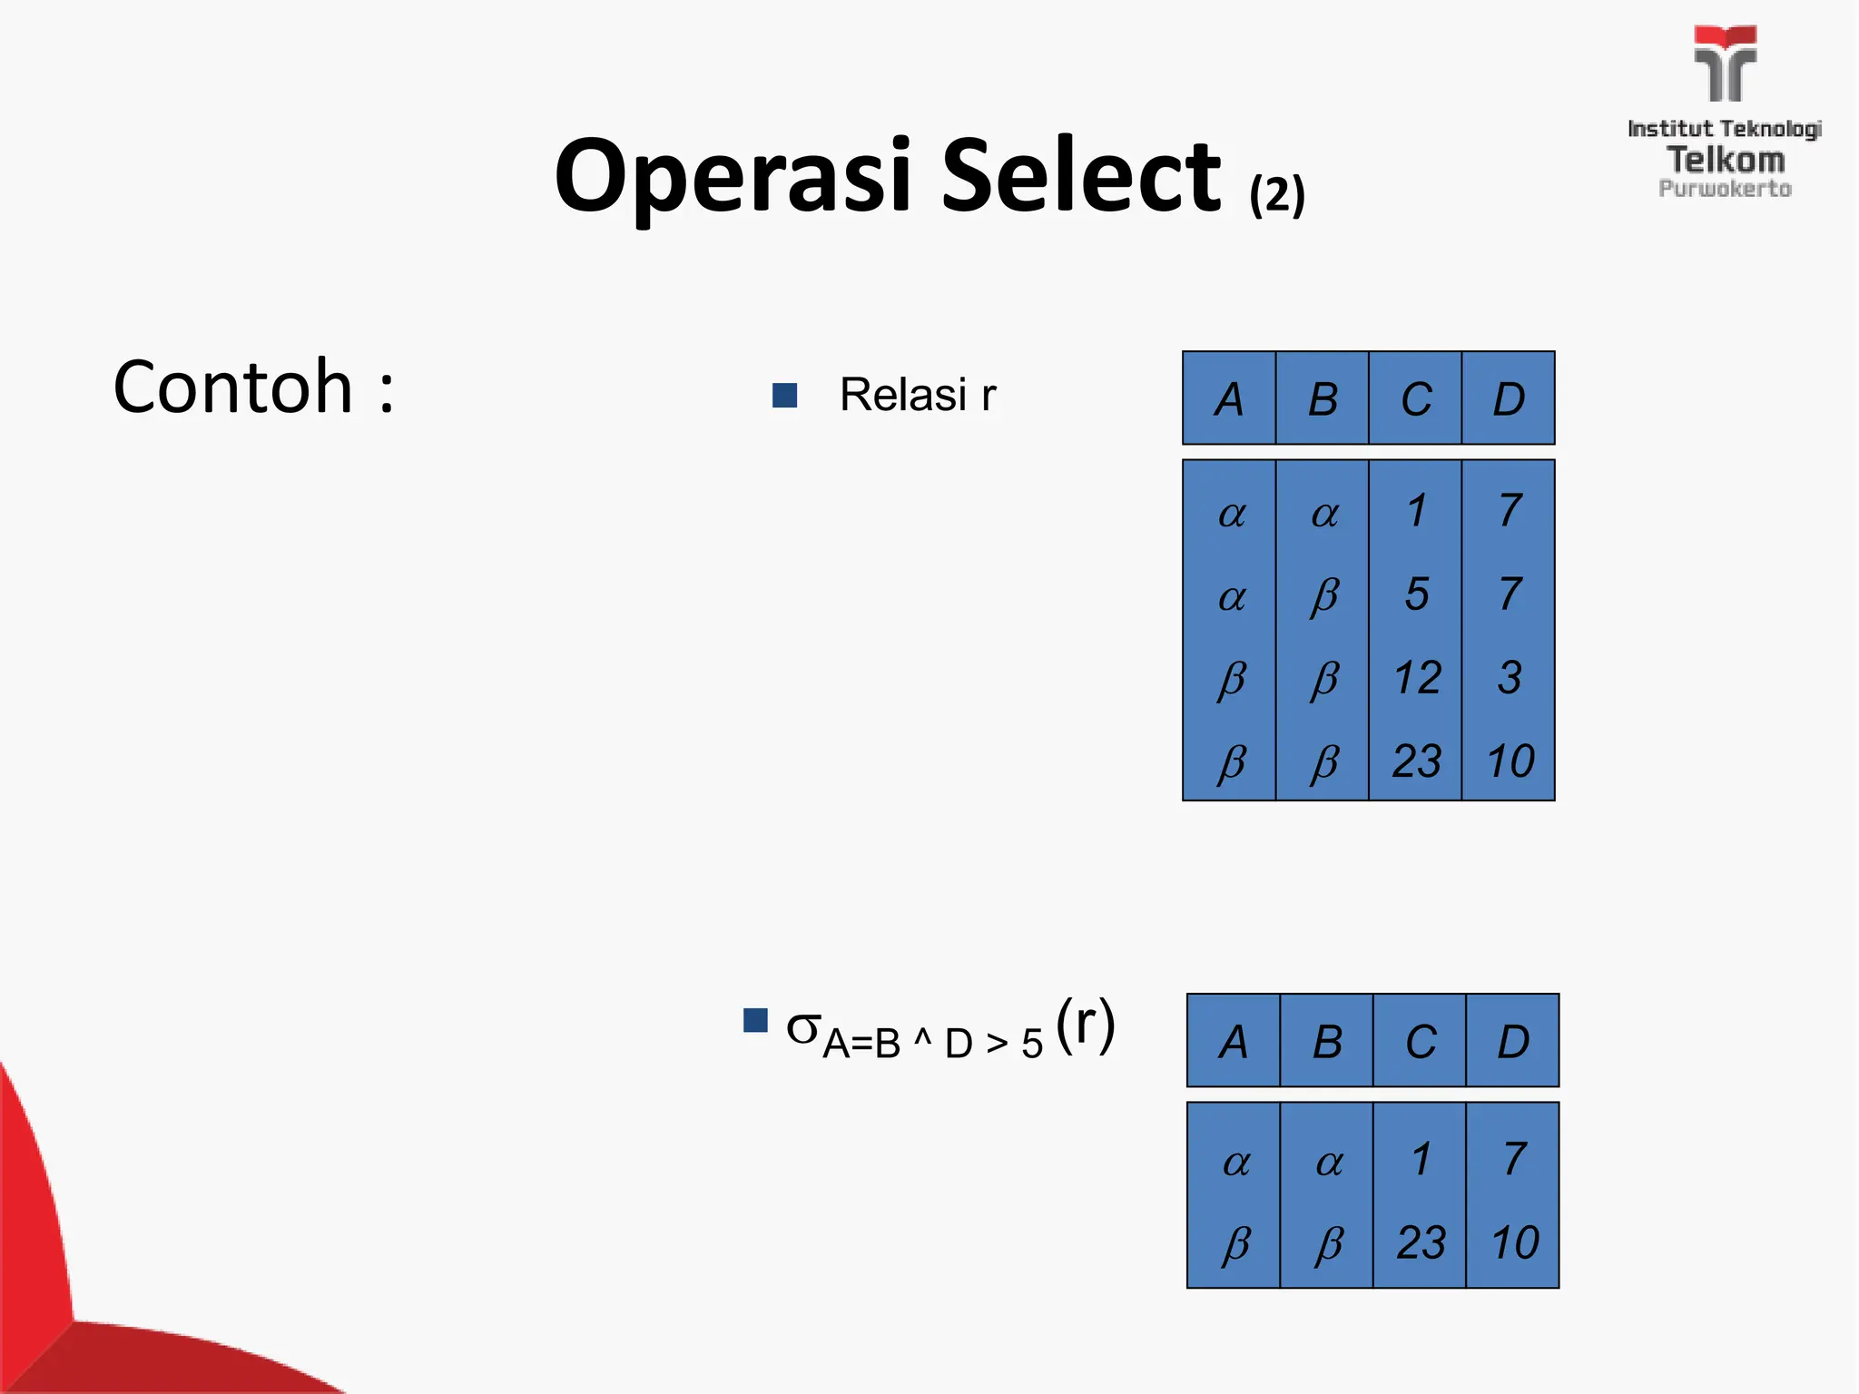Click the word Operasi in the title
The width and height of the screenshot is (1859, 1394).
pos(732,177)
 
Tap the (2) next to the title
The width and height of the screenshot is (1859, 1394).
pos(1276,194)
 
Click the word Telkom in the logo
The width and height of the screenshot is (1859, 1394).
pos(1726,160)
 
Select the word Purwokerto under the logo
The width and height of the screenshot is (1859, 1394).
pos(1725,189)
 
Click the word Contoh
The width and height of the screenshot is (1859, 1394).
pos(232,388)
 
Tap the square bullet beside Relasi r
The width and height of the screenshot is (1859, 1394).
pos(784,395)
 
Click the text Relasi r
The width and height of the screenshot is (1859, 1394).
pos(917,395)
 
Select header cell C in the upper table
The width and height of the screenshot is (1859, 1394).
pos(1415,398)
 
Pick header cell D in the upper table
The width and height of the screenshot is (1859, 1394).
pos(1509,398)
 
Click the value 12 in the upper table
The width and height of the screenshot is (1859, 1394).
pos(1416,678)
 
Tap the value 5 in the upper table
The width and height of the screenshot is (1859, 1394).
pos(1416,594)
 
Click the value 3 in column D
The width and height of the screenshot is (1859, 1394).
pos(1509,678)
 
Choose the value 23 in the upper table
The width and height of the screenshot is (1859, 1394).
pos(1416,761)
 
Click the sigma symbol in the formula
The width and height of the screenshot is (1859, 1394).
pos(802,1028)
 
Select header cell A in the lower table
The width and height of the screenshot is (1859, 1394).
pos(1233,1041)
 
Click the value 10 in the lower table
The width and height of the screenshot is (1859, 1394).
pos(1514,1242)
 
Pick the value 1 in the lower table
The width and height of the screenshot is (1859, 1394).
pos(1421,1159)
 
